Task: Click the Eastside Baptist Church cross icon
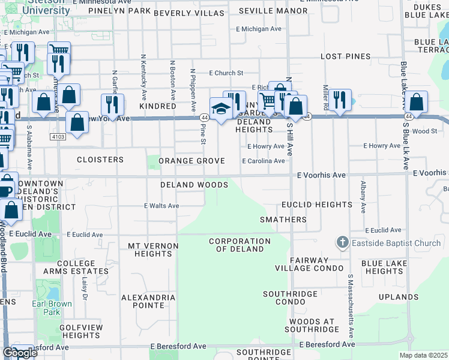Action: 342,243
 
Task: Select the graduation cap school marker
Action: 221,109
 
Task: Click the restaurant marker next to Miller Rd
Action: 340,100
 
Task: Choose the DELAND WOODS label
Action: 194,185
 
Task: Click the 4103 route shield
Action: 58,137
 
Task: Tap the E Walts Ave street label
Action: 161,206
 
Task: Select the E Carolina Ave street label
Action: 263,161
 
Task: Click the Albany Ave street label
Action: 363,197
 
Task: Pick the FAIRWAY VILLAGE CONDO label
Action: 309,264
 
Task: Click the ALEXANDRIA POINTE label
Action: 143,301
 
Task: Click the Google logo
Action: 19,353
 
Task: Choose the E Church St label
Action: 226,73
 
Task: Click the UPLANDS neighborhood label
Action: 399,297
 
